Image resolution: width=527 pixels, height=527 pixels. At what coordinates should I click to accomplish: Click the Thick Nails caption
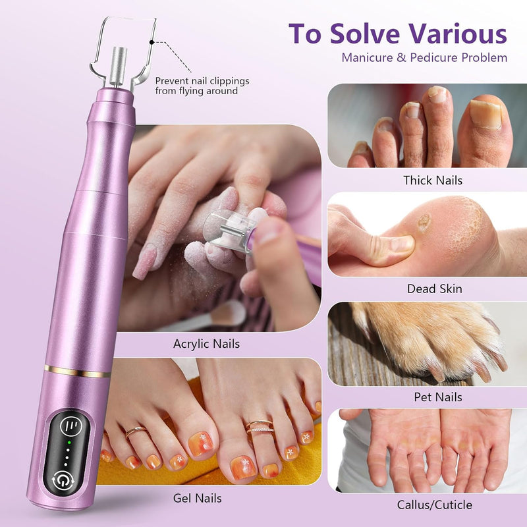pos(433,180)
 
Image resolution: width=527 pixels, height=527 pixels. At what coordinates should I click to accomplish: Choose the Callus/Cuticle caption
pos(434,505)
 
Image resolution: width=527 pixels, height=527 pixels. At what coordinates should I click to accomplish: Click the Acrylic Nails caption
pos(206,343)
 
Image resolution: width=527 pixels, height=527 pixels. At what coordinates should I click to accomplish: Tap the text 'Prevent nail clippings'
pos(202,81)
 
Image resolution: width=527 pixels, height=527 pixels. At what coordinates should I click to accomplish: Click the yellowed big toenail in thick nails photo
pos(485,113)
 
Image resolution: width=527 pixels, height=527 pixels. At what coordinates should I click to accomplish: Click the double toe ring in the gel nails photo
pos(260,426)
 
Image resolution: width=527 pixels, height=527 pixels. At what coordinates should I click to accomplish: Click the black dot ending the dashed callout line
pos(152,42)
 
